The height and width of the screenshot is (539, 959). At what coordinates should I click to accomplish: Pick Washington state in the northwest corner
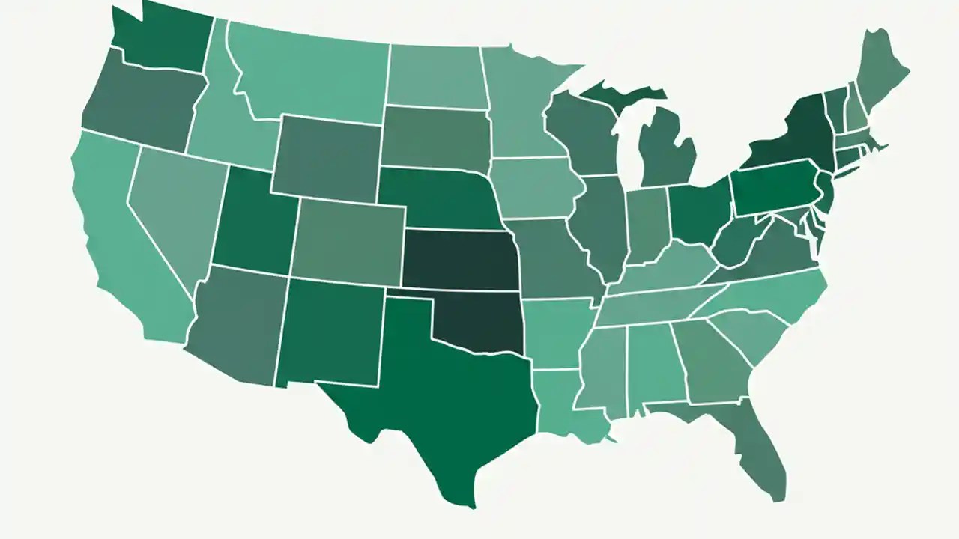coord(161,37)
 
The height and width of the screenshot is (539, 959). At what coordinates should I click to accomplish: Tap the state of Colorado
coord(348,240)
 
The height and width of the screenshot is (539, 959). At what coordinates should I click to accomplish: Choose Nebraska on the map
coord(435,198)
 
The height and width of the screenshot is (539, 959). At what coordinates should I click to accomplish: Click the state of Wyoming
coord(326,157)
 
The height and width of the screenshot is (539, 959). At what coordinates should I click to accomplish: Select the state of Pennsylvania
coord(772,187)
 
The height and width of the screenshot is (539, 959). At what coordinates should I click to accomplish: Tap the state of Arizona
coord(236,326)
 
